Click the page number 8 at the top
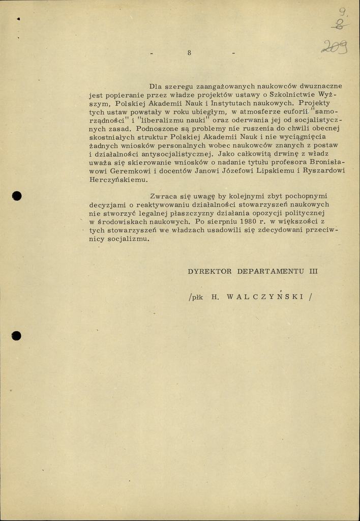tap(189, 53)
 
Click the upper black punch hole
tap(17, 196)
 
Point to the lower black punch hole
tap(17, 335)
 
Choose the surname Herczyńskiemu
tap(118, 180)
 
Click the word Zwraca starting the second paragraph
tap(163, 196)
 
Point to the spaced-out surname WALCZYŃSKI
tap(263, 297)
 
